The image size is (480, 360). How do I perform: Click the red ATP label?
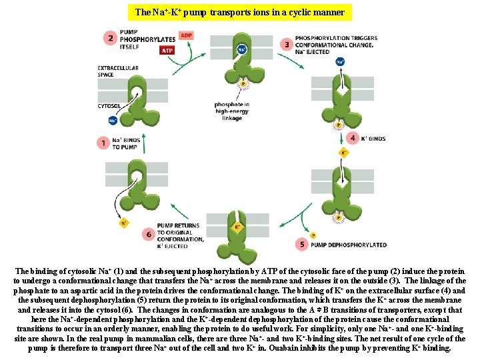coord(167,50)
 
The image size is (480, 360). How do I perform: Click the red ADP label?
coord(187,35)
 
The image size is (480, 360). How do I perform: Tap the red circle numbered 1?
coord(103,143)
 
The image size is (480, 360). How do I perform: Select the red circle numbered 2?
coord(109,38)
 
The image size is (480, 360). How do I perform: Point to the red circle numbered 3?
coord(287,45)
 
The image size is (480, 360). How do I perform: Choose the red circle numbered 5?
coord(303,245)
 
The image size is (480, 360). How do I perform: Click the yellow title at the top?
coord(239,12)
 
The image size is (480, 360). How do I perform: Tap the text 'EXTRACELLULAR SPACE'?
coord(118,71)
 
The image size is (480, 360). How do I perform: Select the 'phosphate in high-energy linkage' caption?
coord(232,111)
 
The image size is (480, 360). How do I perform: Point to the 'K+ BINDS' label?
coord(373,139)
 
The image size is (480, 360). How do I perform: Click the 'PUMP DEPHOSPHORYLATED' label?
coord(348,245)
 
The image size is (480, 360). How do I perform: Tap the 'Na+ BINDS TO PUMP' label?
coord(125,143)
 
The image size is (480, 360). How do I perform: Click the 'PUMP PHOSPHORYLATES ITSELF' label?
coord(139,39)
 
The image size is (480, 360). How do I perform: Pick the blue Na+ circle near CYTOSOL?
coord(113,121)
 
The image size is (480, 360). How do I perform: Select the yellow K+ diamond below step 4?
coord(343,153)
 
